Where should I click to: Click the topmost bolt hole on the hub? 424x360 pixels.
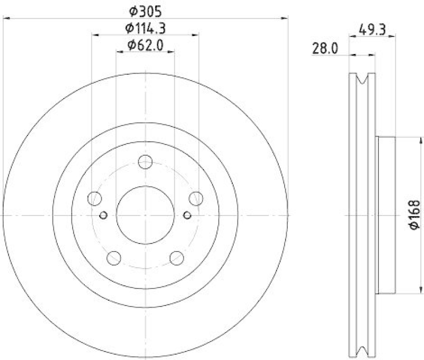coord(145,162)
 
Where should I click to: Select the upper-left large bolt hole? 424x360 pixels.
coord(95,199)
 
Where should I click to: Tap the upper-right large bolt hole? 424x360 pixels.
coord(196,199)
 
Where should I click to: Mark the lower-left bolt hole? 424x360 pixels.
coord(114,258)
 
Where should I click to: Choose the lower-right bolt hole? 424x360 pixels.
coord(176,258)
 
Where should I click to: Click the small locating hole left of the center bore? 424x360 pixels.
coord(103,215)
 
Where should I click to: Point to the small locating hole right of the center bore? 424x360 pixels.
coord(187,215)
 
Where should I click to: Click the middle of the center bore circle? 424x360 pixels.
coord(145,215)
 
